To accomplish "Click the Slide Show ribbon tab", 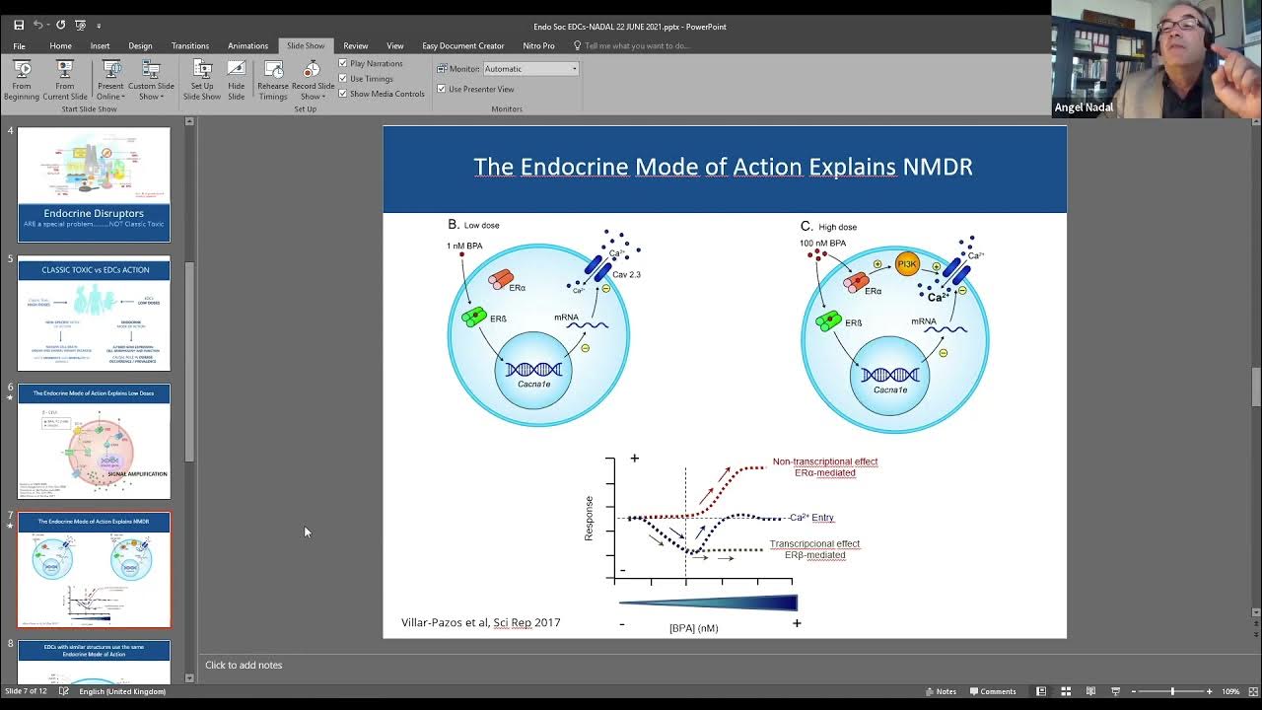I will click(x=305, y=45).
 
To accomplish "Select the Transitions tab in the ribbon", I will click(x=190, y=45).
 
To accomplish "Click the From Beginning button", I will click(x=22, y=80).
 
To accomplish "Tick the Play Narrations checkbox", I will click(x=343, y=63).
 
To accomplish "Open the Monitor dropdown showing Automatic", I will click(x=531, y=69).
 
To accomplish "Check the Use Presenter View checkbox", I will click(x=442, y=89).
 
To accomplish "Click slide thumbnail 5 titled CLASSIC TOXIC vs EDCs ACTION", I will click(x=94, y=314).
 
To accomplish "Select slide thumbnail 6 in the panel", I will click(x=94, y=442).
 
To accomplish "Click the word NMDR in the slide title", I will click(x=937, y=167).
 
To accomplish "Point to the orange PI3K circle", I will click(x=907, y=263).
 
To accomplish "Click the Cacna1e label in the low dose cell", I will click(x=532, y=390).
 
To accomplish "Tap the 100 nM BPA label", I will click(x=823, y=243).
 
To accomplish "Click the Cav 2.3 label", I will click(x=626, y=274).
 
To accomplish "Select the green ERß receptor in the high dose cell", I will click(x=828, y=320).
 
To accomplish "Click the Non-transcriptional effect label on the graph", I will click(x=824, y=461).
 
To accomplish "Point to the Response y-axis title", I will click(x=590, y=518).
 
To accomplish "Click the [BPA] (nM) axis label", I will click(x=693, y=628).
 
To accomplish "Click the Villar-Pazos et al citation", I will click(x=480, y=622).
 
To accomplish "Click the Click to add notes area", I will click(x=244, y=665).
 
